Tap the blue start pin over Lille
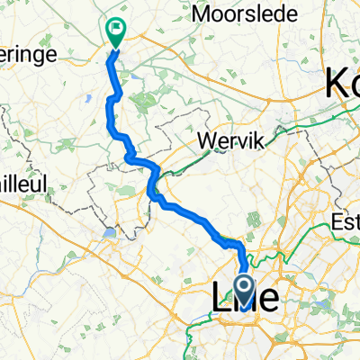[x=245, y=289]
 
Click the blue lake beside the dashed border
[x=110, y=233]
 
